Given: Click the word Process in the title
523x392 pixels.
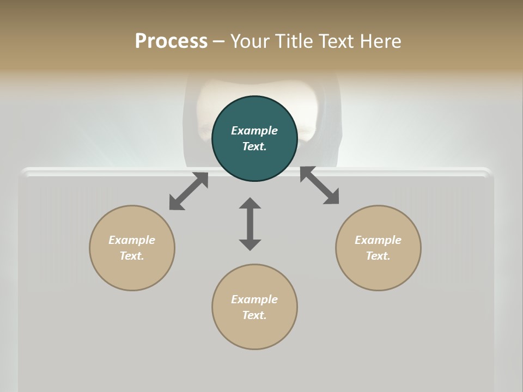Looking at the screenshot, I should [171, 41].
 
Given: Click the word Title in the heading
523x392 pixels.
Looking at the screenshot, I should [295, 41].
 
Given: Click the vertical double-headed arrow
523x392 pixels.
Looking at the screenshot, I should [250, 224].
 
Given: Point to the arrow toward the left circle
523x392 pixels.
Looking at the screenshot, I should [188, 191].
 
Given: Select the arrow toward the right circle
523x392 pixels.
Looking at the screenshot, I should [319, 185].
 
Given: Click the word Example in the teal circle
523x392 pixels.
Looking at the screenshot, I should [254, 131].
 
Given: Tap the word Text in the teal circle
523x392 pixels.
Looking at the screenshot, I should [254, 146].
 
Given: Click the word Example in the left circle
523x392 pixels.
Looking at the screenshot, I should [132, 240].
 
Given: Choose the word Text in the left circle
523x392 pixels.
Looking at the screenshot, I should [132, 256].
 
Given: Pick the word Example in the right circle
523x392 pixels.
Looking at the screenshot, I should [378, 240].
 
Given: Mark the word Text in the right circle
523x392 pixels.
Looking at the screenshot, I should [378, 256].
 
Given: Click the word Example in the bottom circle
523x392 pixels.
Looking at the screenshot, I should [254, 299].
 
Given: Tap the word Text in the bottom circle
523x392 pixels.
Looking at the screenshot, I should [254, 315].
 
